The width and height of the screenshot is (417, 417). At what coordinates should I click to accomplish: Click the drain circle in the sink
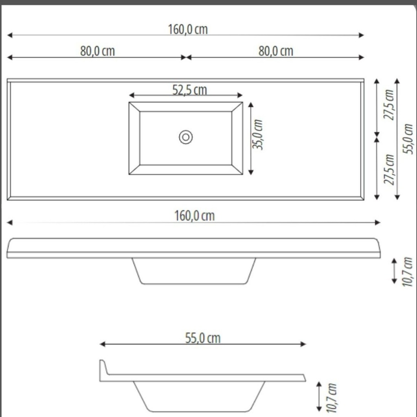[x=186, y=137]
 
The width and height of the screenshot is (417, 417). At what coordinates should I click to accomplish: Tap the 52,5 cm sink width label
[x=190, y=90]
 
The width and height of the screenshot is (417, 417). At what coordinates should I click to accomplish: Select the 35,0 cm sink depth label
[x=257, y=134]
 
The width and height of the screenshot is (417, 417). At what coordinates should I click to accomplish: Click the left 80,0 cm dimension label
[x=98, y=51]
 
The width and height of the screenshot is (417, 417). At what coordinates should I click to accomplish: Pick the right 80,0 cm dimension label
[x=276, y=51]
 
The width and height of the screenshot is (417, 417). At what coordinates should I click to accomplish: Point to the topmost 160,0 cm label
[x=188, y=29]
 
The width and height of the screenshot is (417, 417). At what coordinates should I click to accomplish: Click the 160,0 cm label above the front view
[x=194, y=216]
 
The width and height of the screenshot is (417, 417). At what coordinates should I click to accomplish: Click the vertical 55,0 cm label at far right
[x=408, y=139]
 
